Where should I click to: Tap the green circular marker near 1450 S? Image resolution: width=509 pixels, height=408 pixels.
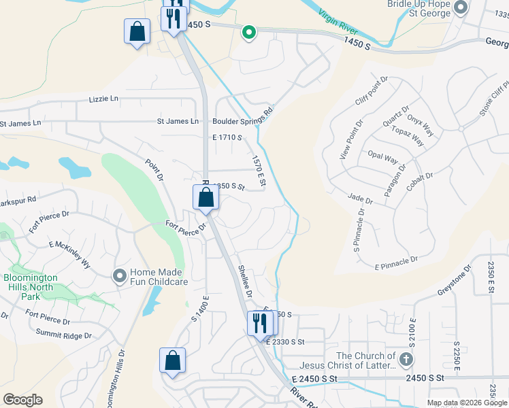point(249,31)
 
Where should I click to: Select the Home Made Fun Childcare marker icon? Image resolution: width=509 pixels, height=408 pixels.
point(120,275)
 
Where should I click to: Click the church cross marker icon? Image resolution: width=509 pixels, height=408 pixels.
point(406,359)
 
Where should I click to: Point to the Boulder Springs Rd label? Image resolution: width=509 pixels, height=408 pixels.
point(243,117)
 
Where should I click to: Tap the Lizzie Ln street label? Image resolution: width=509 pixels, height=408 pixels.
point(103,99)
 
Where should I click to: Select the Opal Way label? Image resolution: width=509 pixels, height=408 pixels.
point(382,158)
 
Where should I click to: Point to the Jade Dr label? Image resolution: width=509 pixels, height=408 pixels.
point(361,201)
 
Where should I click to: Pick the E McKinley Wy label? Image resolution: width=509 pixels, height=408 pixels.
point(70,253)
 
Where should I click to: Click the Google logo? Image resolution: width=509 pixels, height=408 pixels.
point(22,400)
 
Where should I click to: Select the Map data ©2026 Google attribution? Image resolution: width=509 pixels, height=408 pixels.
point(467,403)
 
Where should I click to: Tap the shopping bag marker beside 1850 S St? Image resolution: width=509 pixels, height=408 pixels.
point(206,198)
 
